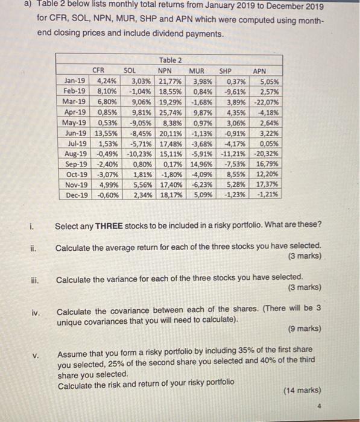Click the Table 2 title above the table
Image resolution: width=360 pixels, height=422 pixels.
[169, 60]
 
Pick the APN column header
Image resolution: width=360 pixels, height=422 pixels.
[259, 70]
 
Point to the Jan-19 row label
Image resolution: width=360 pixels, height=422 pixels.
[74, 80]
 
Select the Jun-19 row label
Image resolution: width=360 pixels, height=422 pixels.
[74, 133]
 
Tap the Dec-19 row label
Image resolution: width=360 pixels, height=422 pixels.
[75, 195]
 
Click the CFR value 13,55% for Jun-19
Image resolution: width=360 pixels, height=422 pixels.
[106, 133]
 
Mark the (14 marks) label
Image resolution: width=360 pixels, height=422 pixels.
[302, 391]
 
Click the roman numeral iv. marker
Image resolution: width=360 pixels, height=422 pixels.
[36, 312]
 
